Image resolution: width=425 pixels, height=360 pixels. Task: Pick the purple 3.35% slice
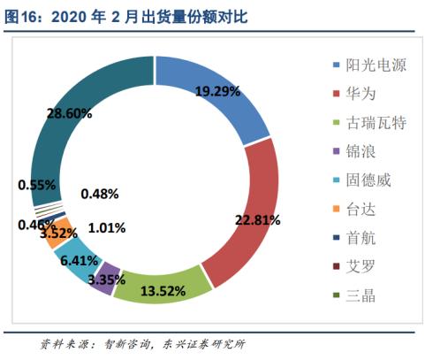coord(110,277)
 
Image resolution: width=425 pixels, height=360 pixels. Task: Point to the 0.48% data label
coord(101,194)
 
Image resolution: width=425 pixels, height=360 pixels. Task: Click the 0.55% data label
coord(37,185)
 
